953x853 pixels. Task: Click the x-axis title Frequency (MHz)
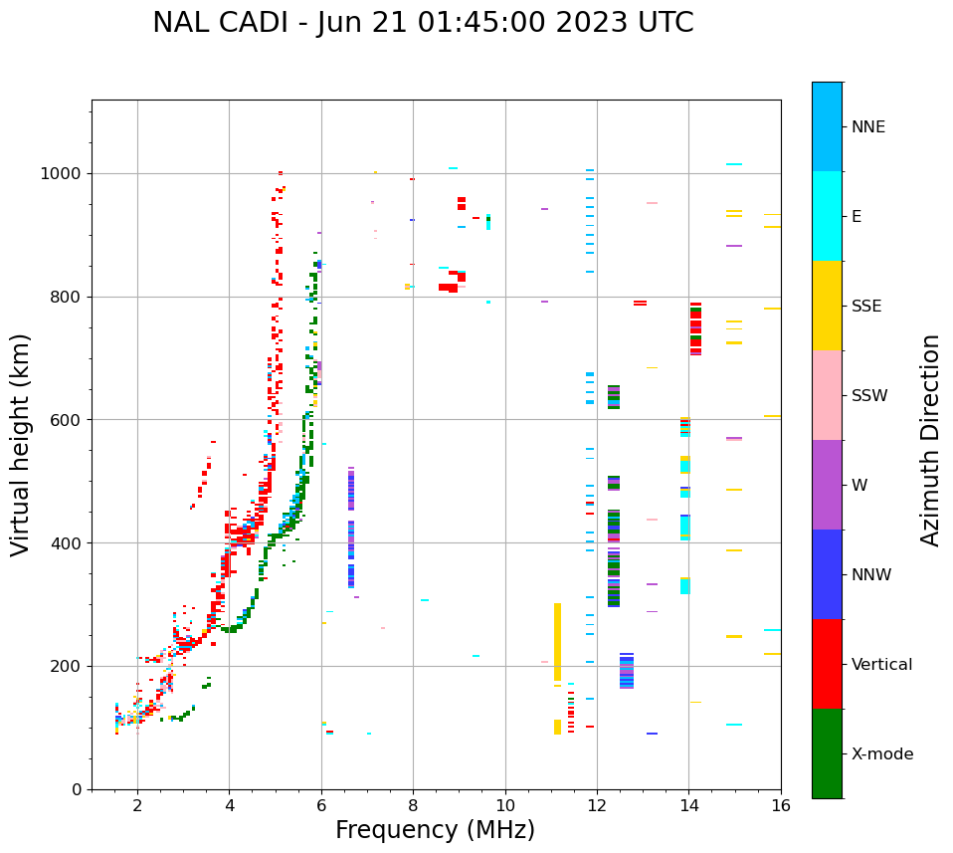click(x=435, y=830)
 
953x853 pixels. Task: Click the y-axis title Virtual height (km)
click(x=21, y=445)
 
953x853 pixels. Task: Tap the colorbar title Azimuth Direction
click(x=930, y=440)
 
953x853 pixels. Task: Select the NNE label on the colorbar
click(x=867, y=127)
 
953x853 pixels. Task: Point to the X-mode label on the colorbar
click(x=881, y=754)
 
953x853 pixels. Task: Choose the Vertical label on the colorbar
click(x=881, y=665)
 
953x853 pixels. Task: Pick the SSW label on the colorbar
click(x=869, y=396)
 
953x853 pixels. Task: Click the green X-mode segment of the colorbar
click(x=827, y=753)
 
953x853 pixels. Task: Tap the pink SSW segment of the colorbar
click(x=827, y=395)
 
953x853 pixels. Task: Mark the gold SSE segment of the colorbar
click(x=827, y=306)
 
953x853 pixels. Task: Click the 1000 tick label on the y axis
click(x=62, y=174)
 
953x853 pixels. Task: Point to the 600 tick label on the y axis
click(x=67, y=420)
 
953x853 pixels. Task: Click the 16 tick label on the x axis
click(x=781, y=805)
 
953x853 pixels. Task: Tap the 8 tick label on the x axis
click(x=413, y=805)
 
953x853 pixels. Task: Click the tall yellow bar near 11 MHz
click(x=557, y=641)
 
